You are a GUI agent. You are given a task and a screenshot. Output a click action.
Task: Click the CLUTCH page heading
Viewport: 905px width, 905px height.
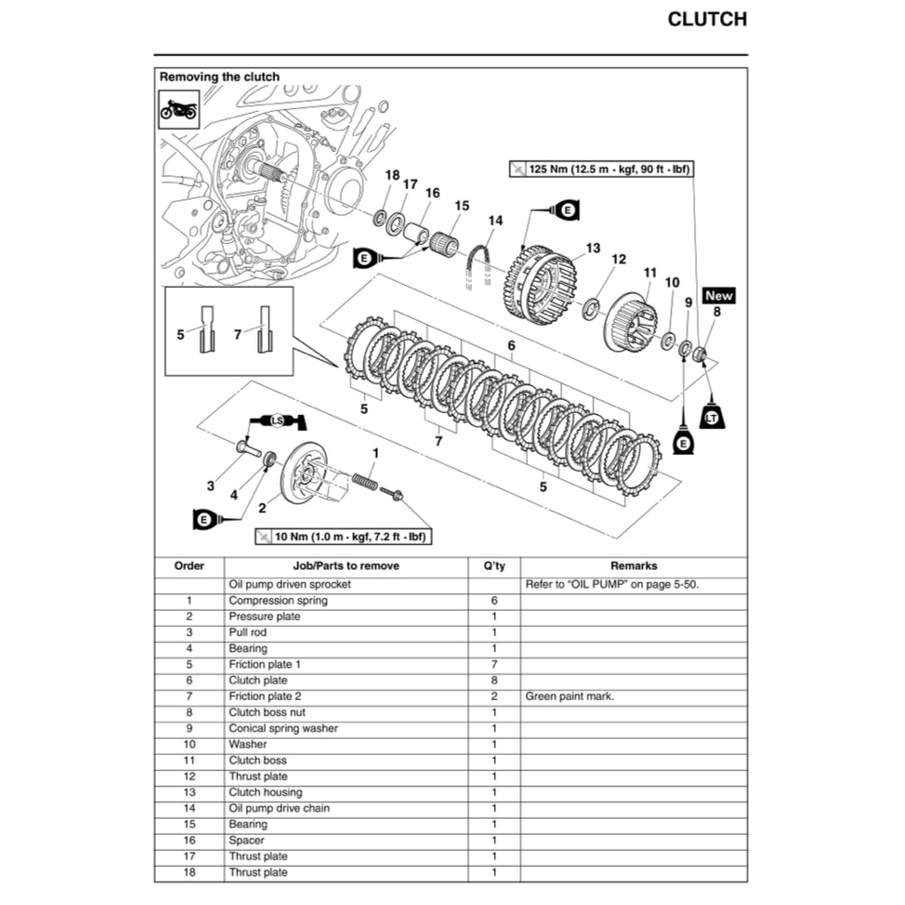pos(707,19)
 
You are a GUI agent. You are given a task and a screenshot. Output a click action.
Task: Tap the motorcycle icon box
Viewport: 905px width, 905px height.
pos(179,109)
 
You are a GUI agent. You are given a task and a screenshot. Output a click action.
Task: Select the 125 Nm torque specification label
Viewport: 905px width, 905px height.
pos(600,169)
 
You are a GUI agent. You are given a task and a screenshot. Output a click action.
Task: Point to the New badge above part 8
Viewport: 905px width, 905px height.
pos(719,295)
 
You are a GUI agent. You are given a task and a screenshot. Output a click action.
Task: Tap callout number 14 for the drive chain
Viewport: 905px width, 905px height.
pos(495,221)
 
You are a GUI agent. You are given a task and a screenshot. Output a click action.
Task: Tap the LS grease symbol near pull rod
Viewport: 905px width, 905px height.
pos(277,420)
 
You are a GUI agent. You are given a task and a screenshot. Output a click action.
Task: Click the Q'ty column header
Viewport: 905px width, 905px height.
pos(494,565)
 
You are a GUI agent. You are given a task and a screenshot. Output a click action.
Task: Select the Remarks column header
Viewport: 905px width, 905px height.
pos(633,565)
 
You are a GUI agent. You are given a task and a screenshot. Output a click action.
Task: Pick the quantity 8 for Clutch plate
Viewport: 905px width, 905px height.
pos(494,680)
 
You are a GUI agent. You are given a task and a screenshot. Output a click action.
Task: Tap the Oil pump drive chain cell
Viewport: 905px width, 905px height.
pos(279,808)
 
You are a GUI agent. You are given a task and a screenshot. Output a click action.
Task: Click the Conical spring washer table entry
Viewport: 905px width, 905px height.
pos(283,728)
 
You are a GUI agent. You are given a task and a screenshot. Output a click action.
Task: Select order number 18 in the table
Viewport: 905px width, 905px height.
pos(189,872)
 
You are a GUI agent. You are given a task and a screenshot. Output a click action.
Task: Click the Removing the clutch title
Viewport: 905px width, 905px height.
pos(219,77)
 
